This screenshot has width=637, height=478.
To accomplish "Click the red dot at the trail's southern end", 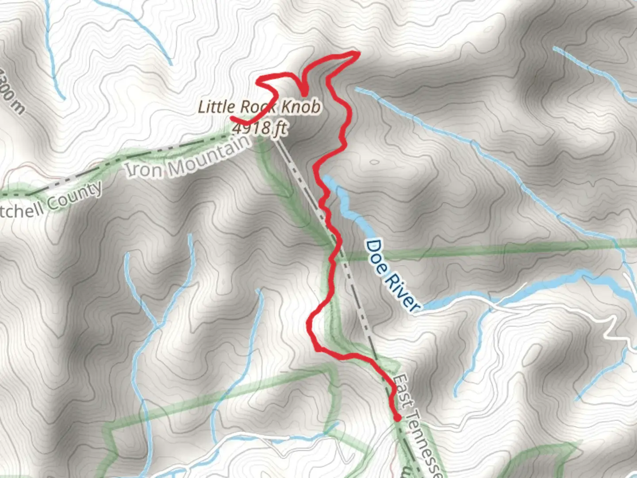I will point(397,417).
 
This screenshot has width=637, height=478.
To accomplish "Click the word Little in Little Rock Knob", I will point(217,107).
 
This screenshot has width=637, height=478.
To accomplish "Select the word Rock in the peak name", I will point(258,107).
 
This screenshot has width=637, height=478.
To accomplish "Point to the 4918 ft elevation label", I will point(259,128).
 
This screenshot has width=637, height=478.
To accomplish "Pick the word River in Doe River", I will point(402,292).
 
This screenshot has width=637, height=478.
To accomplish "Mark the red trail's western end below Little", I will point(232,118).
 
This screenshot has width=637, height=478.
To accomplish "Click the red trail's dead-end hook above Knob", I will point(305,93).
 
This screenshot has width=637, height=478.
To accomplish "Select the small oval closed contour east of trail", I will point(374,162).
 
